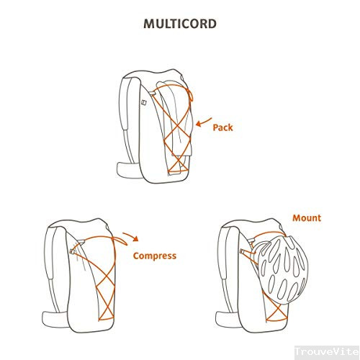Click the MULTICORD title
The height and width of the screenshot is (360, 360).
pyautogui.click(x=180, y=24)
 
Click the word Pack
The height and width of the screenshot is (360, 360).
pyautogui.click(x=222, y=127)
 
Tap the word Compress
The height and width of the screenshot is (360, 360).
pyautogui.click(x=155, y=256)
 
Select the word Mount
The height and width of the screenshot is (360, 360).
pyautogui.click(x=307, y=218)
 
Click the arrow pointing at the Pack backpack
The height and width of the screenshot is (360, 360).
pyautogui.click(x=203, y=122)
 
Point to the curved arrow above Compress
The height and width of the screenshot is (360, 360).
pyautogui.click(x=132, y=236)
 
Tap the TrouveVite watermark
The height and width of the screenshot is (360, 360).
pyautogui.click(x=327, y=351)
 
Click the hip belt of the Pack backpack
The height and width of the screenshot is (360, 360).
pyautogui.click(x=128, y=170)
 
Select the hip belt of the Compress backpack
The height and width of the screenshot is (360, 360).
pyautogui.click(x=55, y=319)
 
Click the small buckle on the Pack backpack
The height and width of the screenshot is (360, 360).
pyautogui.click(x=144, y=102)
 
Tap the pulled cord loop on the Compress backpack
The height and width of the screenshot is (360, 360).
pyautogui.click(x=120, y=240)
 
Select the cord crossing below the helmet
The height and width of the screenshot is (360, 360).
pyautogui.click(x=276, y=312)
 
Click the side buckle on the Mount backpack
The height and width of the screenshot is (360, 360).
pyautogui.click(x=243, y=251)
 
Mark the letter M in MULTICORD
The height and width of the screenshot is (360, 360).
pyautogui.click(x=149, y=24)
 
